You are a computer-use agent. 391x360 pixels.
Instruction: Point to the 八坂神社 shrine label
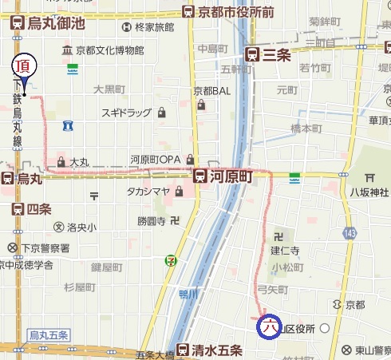click(x=368, y=192)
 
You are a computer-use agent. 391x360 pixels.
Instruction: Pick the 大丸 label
click(x=77, y=162)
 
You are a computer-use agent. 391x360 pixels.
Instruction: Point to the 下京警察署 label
click(x=41, y=247)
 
